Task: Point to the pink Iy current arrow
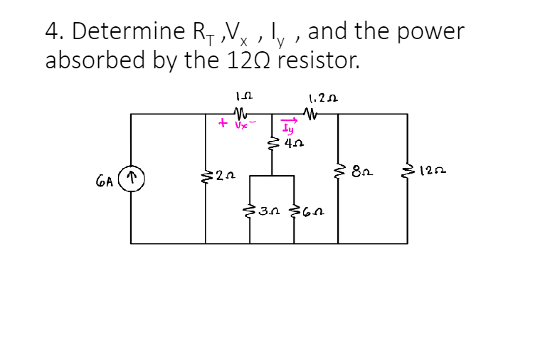coord(288,122)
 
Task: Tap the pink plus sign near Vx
coord(223,124)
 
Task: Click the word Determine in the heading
coord(122,31)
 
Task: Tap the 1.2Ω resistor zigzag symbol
coord(310,112)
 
